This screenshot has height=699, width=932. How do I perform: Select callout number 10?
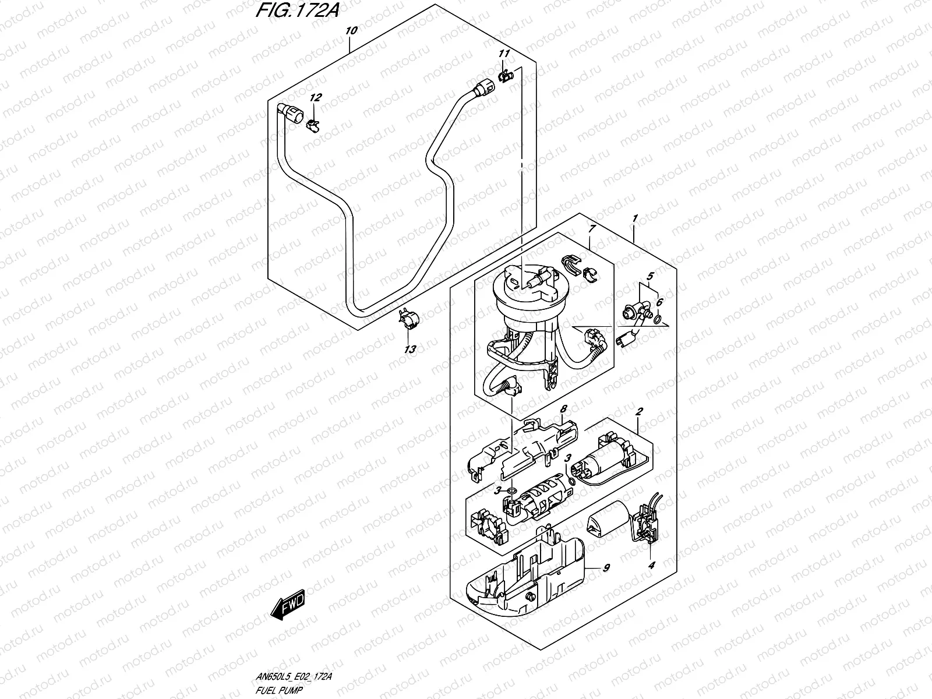pos(349,31)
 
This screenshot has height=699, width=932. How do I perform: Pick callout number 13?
pos(410,349)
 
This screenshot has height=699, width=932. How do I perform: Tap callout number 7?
pos(591,230)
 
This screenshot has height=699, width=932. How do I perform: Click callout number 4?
pos(652,564)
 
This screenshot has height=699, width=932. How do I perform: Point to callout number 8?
pos(563,410)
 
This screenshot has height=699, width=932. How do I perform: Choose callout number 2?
pos(639,411)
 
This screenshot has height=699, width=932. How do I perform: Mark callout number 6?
pos(659,302)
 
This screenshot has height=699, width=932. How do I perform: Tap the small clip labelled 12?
pos(313,123)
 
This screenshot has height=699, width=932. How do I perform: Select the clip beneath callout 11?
pos(506,75)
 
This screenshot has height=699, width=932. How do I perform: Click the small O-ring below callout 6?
pos(657,319)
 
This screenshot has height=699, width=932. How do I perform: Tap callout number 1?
pos(635,218)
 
